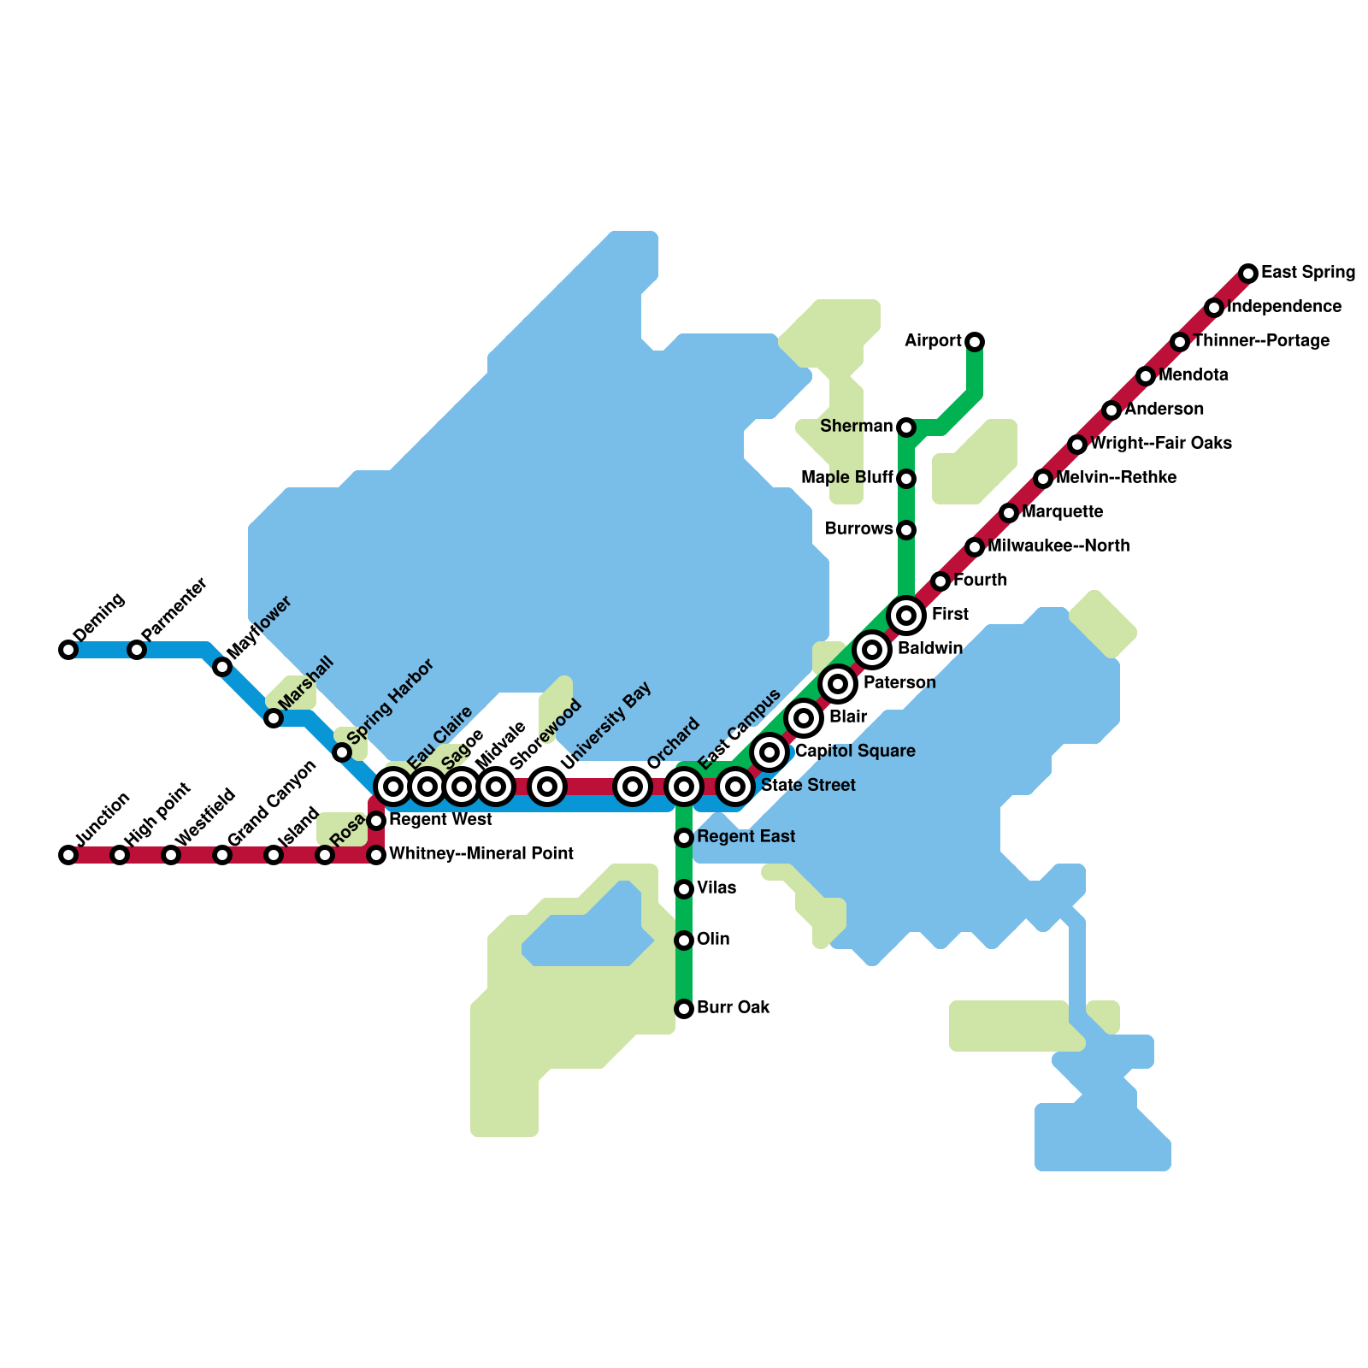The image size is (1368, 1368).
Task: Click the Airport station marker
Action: [x=975, y=342]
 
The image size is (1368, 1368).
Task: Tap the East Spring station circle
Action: [x=1248, y=274]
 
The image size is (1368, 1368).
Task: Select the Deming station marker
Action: [x=68, y=650]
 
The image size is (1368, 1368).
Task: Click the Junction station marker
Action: [x=68, y=855]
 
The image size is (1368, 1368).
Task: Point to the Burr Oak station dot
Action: [x=684, y=1009]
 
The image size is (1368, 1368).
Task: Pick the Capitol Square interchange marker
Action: [x=769, y=752]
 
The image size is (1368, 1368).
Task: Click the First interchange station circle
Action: [x=906, y=616]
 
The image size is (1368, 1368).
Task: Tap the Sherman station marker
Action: [x=906, y=427]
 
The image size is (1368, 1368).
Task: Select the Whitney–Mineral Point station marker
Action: [x=376, y=855]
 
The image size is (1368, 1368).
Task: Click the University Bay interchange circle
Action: [x=547, y=786]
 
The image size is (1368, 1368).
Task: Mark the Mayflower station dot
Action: [x=222, y=667]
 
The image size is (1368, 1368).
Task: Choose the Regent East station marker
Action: [x=684, y=838]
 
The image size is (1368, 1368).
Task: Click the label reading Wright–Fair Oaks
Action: [x=1160, y=444]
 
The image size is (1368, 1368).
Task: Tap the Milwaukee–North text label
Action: [x=1058, y=546]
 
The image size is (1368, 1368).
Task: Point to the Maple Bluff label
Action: [x=846, y=477]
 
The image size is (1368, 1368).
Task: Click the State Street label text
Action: [x=808, y=786]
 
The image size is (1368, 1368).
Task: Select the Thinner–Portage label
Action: [x=1261, y=341]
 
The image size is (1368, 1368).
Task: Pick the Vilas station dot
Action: [x=684, y=889]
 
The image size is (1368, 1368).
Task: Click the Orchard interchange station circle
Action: [x=633, y=786]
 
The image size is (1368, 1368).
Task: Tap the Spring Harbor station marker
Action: [x=342, y=752]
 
